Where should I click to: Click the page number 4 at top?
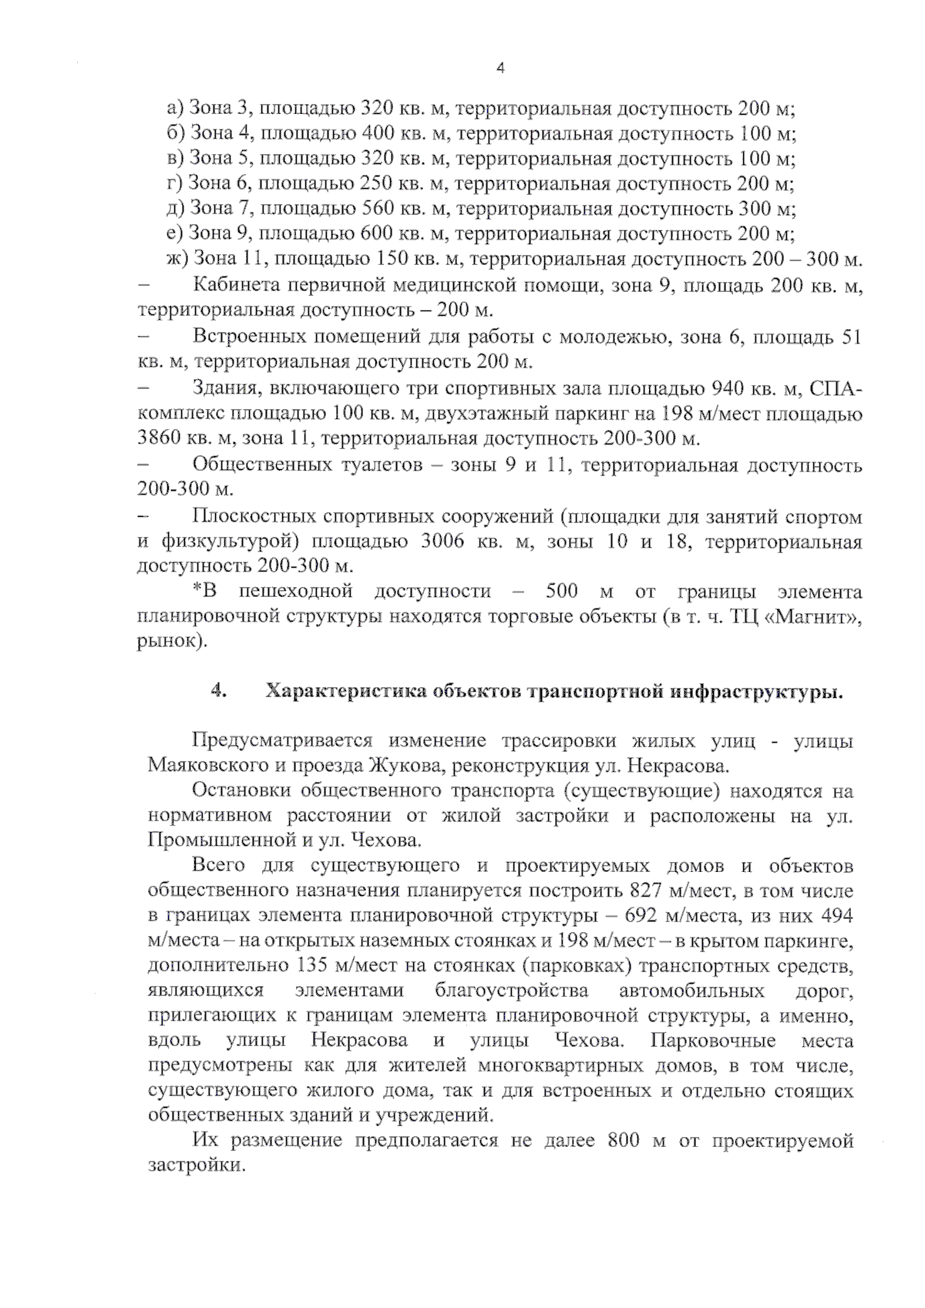(x=499, y=69)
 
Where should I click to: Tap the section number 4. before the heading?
(x=218, y=691)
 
